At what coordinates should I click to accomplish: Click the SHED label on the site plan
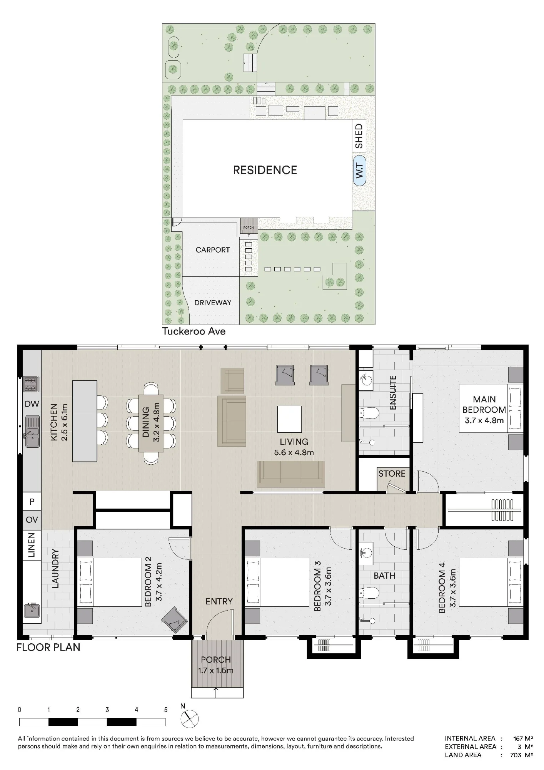point(359,136)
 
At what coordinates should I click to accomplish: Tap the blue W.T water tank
point(359,170)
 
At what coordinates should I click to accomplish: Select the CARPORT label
point(213,250)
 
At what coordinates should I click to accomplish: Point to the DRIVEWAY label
point(213,303)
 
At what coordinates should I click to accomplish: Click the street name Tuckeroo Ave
point(194,331)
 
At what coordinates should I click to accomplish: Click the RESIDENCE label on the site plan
point(265,170)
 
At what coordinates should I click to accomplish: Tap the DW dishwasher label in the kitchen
point(32,404)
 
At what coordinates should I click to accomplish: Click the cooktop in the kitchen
point(32,384)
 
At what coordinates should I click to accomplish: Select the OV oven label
point(32,519)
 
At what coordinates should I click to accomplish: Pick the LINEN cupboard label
point(32,545)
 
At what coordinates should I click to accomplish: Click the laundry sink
point(32,610)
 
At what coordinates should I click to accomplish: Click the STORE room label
point(392,474)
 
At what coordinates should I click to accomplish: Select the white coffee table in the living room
point(290,419)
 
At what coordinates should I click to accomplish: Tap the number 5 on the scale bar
point(166,710)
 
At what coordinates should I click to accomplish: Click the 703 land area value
point(516,755)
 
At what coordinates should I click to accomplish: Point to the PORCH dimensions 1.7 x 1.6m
point(215,670)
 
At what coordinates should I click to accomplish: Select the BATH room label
point(384,576)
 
